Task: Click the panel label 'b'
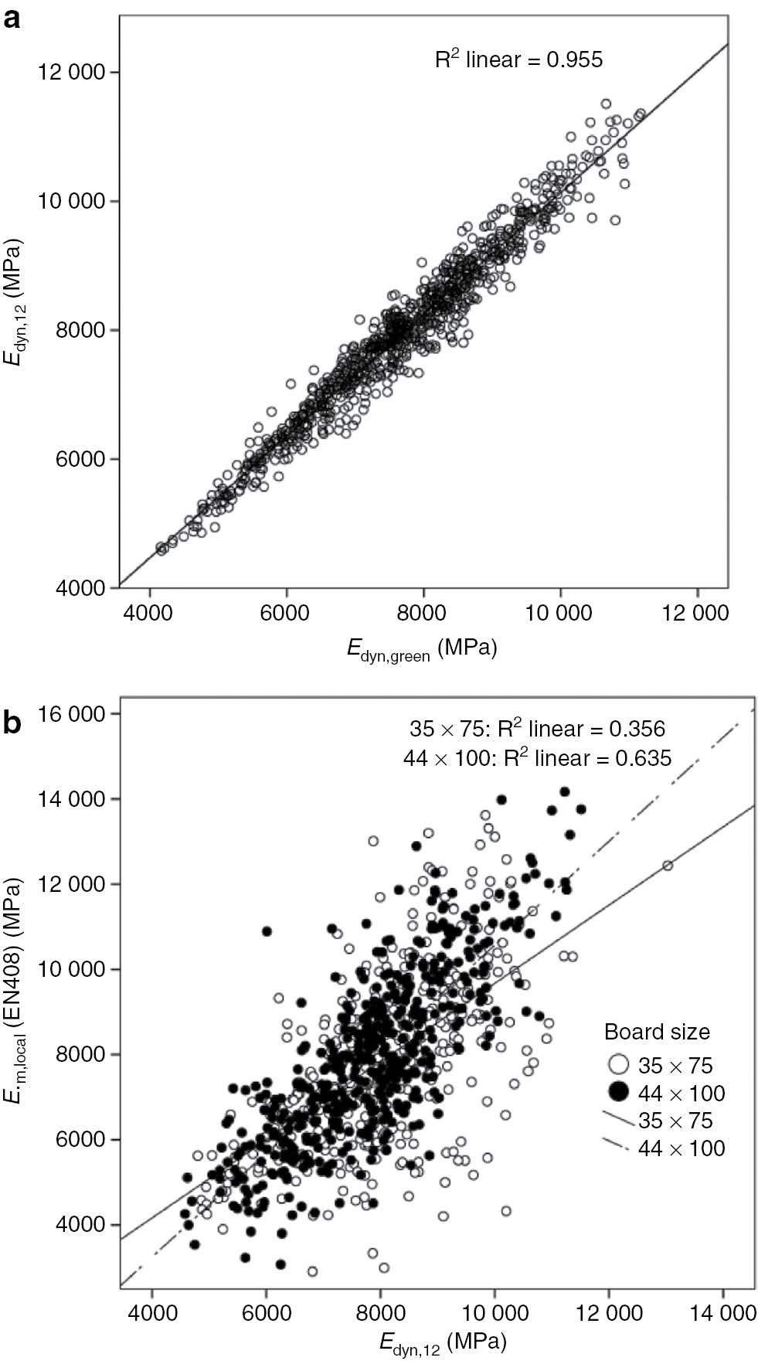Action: pyautogui.click(x=12, y=722)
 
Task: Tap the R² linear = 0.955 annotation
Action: pyautogui.click(x=518, y=60)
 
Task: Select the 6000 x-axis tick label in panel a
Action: pyautogui.click(x=286, y=613)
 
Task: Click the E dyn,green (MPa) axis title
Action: pyautogui.click(x=421, y=648)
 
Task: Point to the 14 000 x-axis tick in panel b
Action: pyautogui.click(x=723, y=1313)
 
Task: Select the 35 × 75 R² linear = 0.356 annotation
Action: pyautogui.click(x=537, y=729)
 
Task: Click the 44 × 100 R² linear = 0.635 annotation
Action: pyautogui.click(x=537, y=758)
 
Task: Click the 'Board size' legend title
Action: pyautogui.click(x=657, y=1032)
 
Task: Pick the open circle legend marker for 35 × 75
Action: pyautogui.click(x=618, y=1066)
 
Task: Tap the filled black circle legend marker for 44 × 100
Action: pyautogui.click(x=618, y=1093)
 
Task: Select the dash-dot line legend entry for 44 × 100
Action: pyautogui.click(x=618, y=1148)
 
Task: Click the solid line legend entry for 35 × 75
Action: pyautogui.click(x=618, y=1120)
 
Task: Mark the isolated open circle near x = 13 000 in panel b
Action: pyautogui.click(x=668, y=866)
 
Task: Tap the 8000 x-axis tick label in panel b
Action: pyautogui.click(x=380, y=1313)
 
